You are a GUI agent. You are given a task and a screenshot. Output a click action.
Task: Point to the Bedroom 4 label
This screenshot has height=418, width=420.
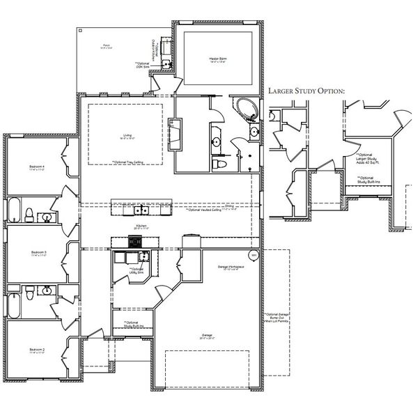[x=37, y=167]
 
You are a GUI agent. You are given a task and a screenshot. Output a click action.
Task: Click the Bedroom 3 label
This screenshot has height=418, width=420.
[x=38, y=252]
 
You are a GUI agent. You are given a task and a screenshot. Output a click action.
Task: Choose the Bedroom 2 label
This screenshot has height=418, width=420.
[x=37, y=349]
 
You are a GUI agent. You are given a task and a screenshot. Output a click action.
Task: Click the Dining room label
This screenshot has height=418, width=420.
[x=229, y=206]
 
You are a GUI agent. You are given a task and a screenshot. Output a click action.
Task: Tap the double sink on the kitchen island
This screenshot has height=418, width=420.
[x=141, y=209]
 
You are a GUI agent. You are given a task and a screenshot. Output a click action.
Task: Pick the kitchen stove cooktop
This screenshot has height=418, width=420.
[x=134, y=242]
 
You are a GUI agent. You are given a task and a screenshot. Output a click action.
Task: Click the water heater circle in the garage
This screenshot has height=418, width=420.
[x=254, y=256]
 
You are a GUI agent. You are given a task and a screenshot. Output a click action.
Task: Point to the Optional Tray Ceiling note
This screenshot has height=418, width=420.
[x=127, y=162]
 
